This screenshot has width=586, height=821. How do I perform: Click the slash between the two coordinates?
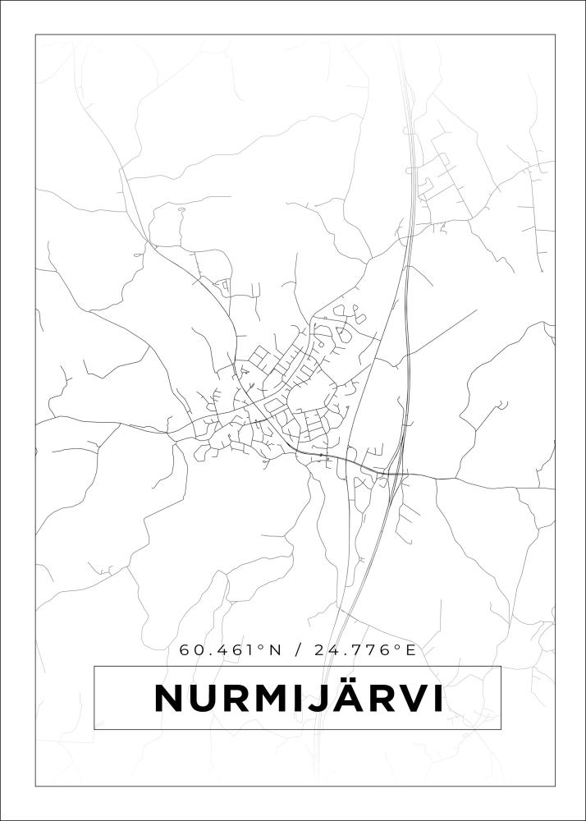297,650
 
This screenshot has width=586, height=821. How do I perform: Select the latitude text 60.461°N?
231,650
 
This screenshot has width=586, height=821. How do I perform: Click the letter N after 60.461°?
274,650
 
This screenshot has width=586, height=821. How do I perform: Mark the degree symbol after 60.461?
262,647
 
